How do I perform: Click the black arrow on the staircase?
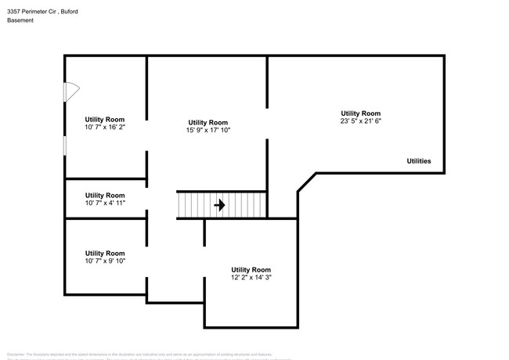[x=220, y=206]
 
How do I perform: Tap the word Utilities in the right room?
[x=418, y=160]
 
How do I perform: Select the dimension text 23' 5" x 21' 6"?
[x=360, y=121]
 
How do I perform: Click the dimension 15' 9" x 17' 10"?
[x=208, y=131]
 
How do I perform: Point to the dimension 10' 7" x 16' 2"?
[x=105, y=126]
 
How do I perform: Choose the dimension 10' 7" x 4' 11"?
[x=105, y=203]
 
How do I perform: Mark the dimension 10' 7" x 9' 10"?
[x=105, y=261]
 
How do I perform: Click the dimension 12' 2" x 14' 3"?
[x=251, y=277]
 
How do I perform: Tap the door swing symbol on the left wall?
[x=69, y=91]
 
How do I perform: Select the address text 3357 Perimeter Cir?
[x=34, y=11]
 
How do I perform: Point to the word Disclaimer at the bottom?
[x=16, y=354]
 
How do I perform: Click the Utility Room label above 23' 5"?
[x=360, y=113]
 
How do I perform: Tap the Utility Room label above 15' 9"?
[x=208, y=122]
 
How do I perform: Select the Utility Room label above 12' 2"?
[x=251, y=269]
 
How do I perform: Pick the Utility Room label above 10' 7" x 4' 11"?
[x=105, y=195]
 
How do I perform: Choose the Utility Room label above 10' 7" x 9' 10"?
[x=105, y=253]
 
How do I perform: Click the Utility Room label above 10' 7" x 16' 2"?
[x=105, y=118]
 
